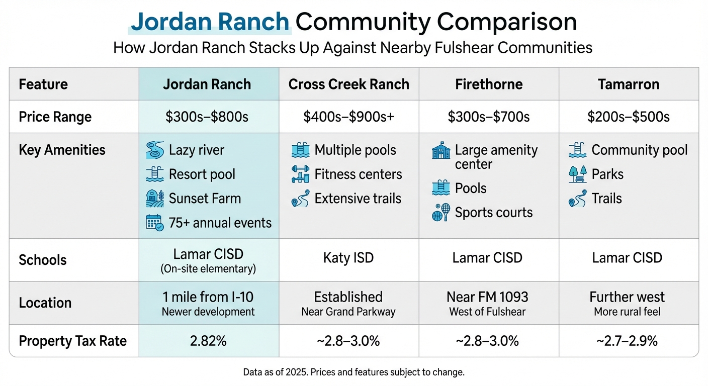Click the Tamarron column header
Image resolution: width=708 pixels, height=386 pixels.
(629, 84)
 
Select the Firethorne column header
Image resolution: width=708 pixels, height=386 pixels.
(489, 84)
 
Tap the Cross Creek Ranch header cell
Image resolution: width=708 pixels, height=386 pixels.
(348, 84)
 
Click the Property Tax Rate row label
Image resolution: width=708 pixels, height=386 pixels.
(72, 341)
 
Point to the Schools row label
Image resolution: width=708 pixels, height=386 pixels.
(43, 260)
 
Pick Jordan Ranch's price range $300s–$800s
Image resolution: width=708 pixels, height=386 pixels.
(207, 117)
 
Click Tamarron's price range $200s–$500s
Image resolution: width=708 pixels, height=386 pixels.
(629, 117)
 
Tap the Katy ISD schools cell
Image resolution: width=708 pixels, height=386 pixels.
(348, 258)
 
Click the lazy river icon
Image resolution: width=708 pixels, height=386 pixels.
(155, 150)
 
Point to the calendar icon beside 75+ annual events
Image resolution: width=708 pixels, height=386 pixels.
(154, 222)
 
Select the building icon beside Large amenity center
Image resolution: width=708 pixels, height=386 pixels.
(441, 151)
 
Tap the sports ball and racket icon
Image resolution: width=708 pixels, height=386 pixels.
(441, 212)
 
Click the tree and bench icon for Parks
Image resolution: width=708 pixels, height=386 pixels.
(577, 174)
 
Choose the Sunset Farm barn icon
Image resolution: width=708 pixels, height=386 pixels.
(154, 198)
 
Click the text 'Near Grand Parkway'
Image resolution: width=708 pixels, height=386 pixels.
(348, 312)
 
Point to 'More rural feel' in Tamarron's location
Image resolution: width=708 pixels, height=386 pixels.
(627, 312)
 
